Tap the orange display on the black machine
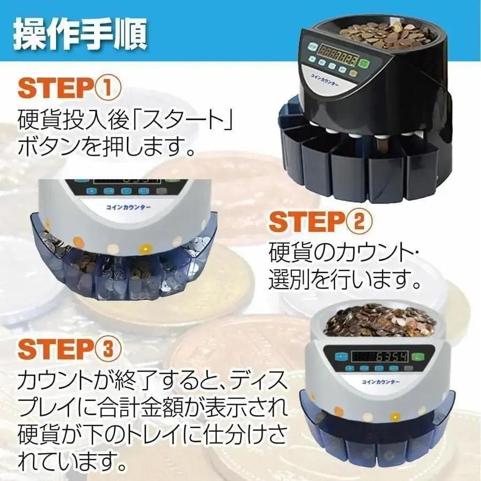click(x=338, y=55)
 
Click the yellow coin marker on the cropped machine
click(x=145, y=249)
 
